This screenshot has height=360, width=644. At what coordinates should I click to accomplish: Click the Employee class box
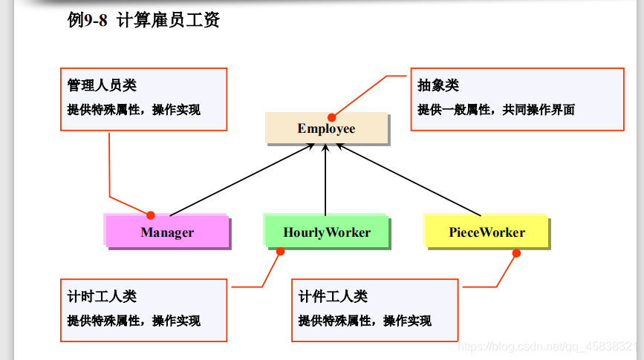coord(327,128)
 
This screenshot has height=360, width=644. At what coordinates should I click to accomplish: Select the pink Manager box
coord(167,232)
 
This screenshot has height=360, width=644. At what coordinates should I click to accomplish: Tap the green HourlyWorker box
coord(327,232)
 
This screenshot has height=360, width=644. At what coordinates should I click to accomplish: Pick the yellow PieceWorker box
coord(487,232)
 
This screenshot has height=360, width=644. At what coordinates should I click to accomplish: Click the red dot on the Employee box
coord(332,117)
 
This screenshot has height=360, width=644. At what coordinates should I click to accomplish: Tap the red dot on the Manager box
coord(151,215)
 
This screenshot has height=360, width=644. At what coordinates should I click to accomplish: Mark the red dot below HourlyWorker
coord(280,252)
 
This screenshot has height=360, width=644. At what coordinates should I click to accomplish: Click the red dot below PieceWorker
coord(516,253)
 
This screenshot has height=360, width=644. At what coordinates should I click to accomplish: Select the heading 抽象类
coord(438,85)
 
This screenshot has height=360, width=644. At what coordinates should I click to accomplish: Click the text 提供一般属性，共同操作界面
coord(496,110)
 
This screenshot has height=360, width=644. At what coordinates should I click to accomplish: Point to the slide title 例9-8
coord(87,20)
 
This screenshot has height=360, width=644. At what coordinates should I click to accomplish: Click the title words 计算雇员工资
coord(169,20)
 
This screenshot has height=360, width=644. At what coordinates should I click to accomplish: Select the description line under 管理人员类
coord(134,110)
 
